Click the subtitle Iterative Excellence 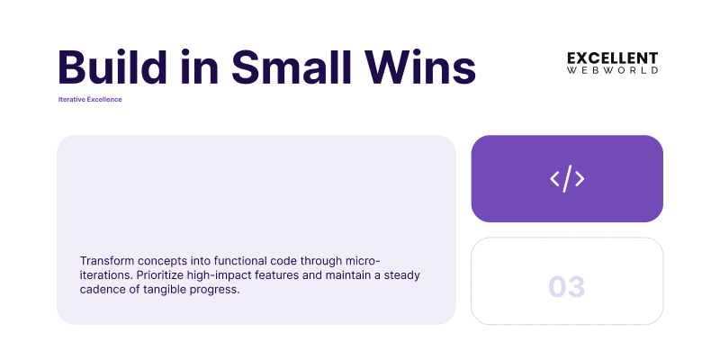90,99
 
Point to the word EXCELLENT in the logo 612,58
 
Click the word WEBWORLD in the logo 612,70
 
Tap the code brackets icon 567,179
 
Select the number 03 567,287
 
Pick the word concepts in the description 169,260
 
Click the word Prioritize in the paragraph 164,274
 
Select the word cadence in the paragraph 103,289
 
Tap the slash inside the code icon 567,179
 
